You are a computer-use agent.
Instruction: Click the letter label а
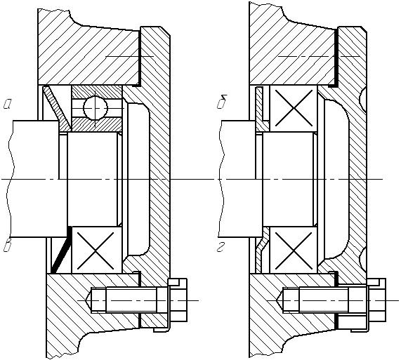[x=8, y=104]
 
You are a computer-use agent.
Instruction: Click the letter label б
[x=222, y=102]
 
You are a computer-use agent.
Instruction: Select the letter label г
[x=221, y=247]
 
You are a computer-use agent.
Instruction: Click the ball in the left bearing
[x=95, y=108]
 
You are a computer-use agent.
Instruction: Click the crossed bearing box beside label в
[x=97, y=250]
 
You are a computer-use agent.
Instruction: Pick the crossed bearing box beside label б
[x=294, y=108]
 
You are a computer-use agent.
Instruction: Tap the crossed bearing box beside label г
[x=294, y=250]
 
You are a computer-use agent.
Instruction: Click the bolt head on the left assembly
[x=178, y=300]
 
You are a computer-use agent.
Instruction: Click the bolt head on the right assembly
[x=376, y=300]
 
